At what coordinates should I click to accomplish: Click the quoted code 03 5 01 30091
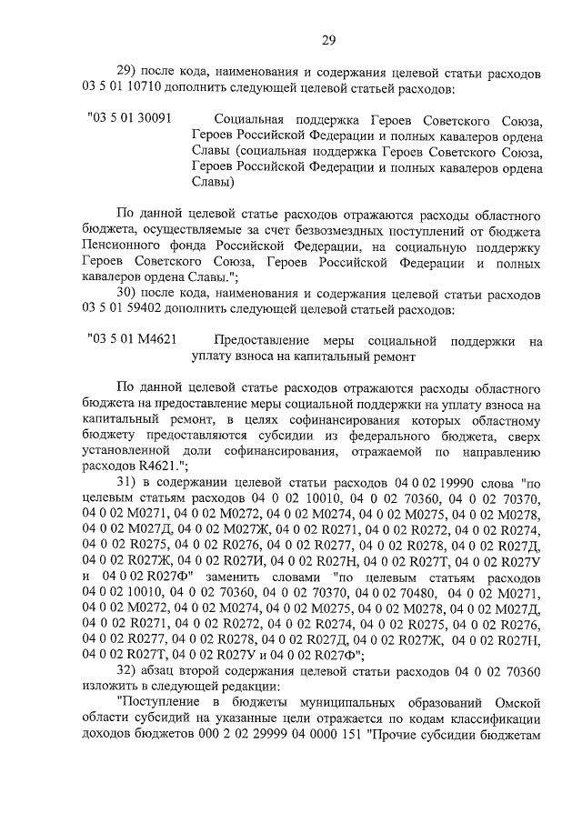pos(131,119)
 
